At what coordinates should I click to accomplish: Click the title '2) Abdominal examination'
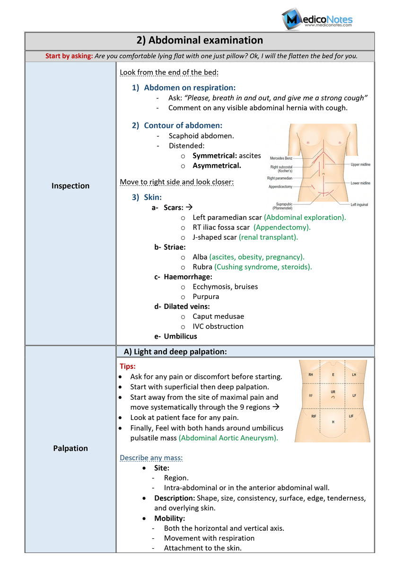coord(200,41)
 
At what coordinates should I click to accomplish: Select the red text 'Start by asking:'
coord(69,56)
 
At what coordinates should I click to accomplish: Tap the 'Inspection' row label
coord(70,186)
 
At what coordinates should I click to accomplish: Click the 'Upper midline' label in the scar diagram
coord(361,165)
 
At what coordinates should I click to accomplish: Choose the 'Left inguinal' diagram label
coord(359,204)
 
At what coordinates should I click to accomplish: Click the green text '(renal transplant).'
coord(268,237)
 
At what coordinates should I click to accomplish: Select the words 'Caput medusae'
coord(218,316)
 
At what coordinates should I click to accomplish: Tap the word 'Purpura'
coord(206,297)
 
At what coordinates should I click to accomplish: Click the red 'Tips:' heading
coord(128,367)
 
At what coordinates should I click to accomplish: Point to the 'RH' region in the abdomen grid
coord(311,375)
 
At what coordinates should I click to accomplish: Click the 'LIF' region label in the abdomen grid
coord(351,416)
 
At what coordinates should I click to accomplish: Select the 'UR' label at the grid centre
coord(333,393)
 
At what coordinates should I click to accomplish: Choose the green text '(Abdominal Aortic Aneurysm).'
coord(228,438)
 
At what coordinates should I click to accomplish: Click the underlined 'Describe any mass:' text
coord(151,457)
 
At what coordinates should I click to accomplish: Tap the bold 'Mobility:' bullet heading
coord(169,518)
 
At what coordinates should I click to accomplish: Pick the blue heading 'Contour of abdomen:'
coord(183,125)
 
